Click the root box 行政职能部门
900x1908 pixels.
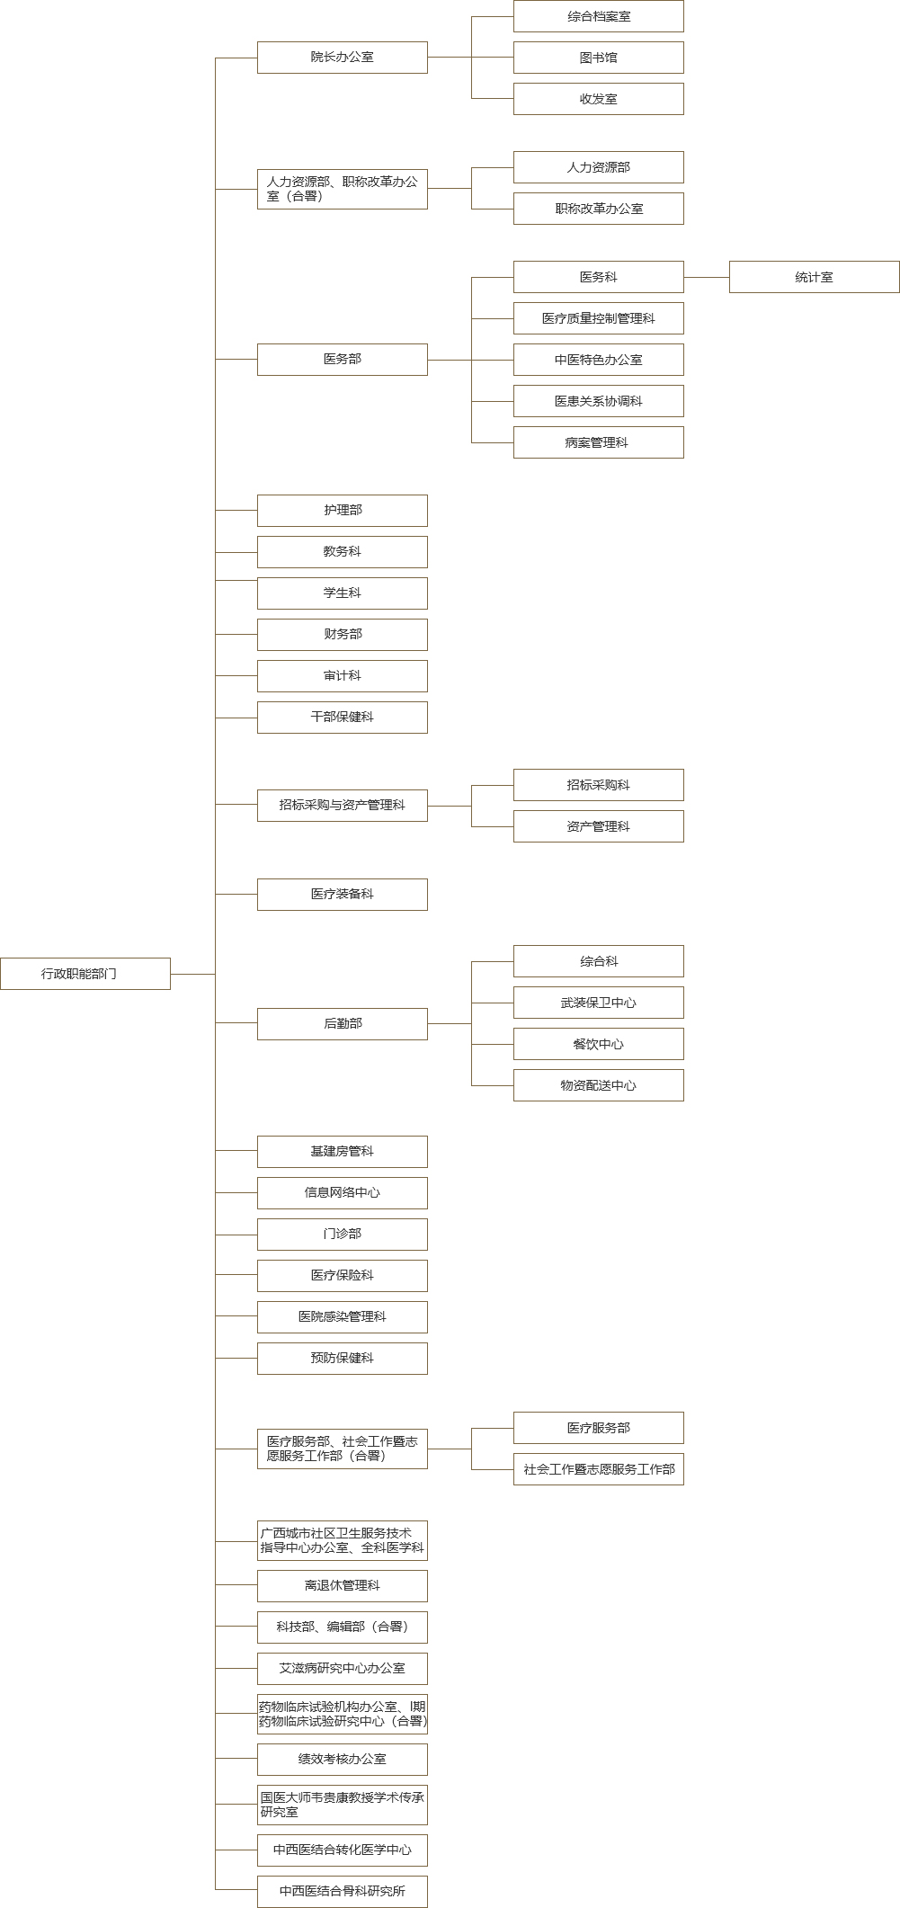85,974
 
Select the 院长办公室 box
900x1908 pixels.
342,58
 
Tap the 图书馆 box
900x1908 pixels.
598,58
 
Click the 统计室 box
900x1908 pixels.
814,277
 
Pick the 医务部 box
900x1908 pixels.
342,360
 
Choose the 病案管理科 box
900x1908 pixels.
598,442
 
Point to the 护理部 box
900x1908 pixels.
342,511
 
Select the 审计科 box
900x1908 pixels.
342,676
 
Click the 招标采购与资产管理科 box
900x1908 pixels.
342,806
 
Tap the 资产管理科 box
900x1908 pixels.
598,826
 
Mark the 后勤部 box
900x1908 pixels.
342,1024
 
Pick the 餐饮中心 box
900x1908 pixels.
598,1044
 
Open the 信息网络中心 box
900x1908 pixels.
342,1193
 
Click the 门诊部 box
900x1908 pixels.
342,1235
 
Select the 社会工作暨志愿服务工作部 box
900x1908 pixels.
598,1469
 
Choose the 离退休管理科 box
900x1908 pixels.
342,1586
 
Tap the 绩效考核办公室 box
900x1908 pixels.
342,1760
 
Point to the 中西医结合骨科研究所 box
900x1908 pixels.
342,1892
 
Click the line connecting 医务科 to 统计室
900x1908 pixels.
707,277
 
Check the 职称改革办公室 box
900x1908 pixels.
598,209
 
